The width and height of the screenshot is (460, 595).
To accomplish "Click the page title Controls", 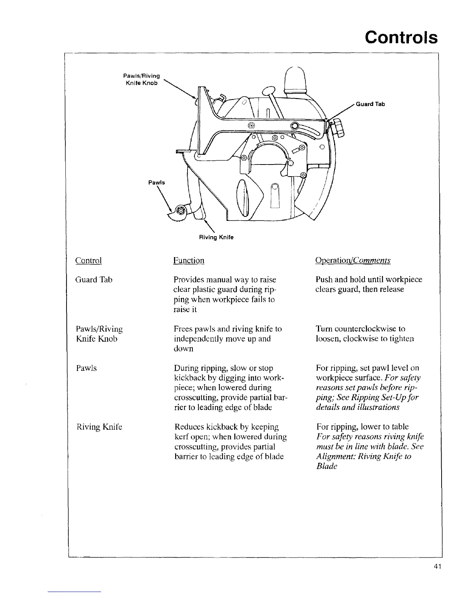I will pyautogui.click(x=401, y=38).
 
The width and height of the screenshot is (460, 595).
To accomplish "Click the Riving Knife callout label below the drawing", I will pyautogui.click(x=216, y=237).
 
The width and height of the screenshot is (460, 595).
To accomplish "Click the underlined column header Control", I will pyautogui.click(x=89, y=260).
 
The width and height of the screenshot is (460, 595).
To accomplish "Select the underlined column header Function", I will pyautogui.click(x=189, y=260).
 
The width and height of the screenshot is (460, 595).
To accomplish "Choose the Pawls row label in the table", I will pyautogui.click(x=86, y=368).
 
